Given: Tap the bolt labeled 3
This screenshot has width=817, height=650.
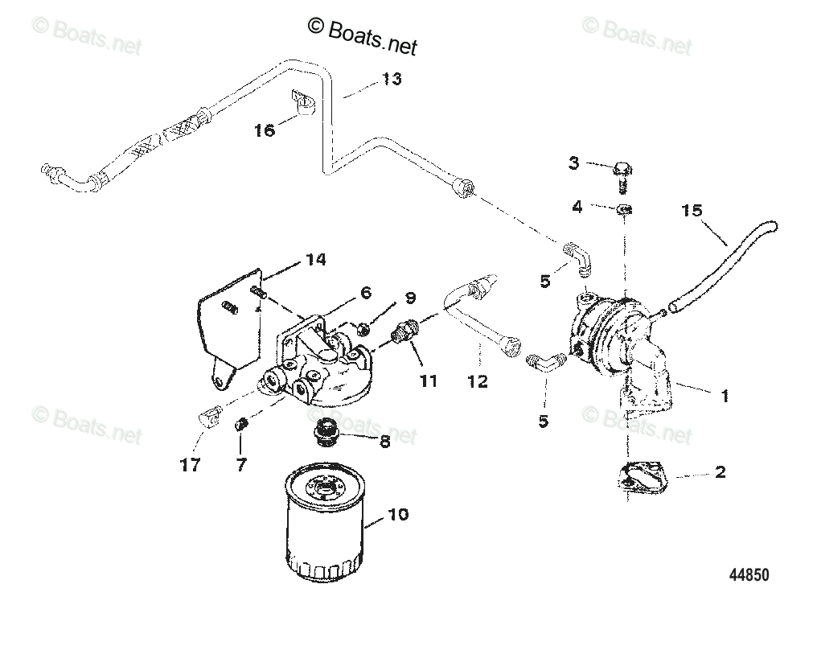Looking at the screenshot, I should (621, 171).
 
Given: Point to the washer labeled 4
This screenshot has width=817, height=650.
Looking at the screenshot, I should (625, 210).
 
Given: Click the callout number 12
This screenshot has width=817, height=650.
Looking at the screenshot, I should (477, 381).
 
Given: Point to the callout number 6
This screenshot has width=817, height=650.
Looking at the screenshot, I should (365, 294).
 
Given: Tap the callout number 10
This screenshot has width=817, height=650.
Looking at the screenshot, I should (399, 513).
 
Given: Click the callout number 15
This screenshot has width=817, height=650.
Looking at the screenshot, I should (691, 212).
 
